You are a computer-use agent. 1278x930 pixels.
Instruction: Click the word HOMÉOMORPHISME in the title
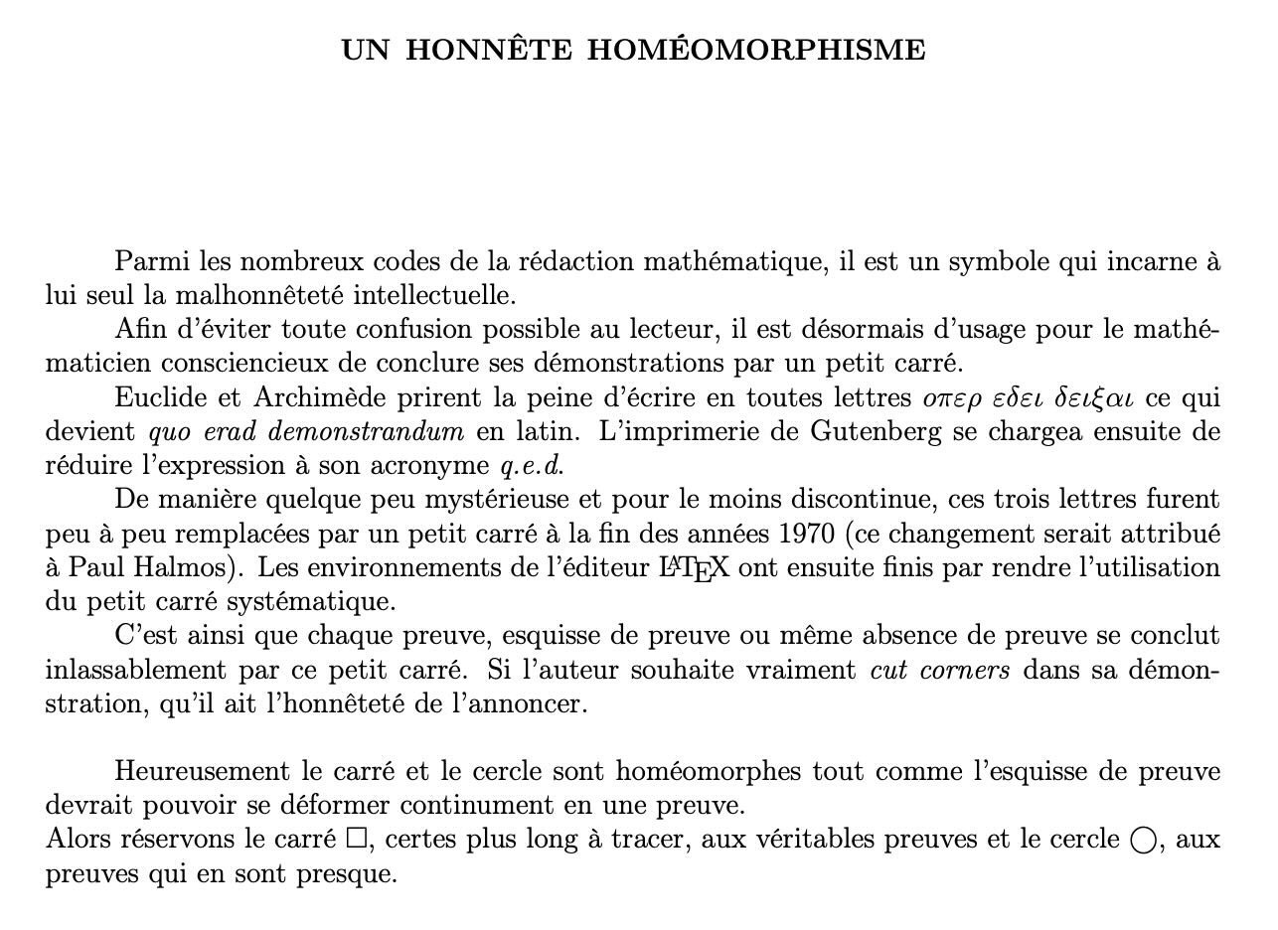[x=756, y=51]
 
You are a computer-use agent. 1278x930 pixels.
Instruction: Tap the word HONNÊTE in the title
[x=489, y=51]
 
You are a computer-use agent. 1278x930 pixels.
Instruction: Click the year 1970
[x=807, y=534]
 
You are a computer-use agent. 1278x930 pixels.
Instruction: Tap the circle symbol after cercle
[x=1144, y=841]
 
